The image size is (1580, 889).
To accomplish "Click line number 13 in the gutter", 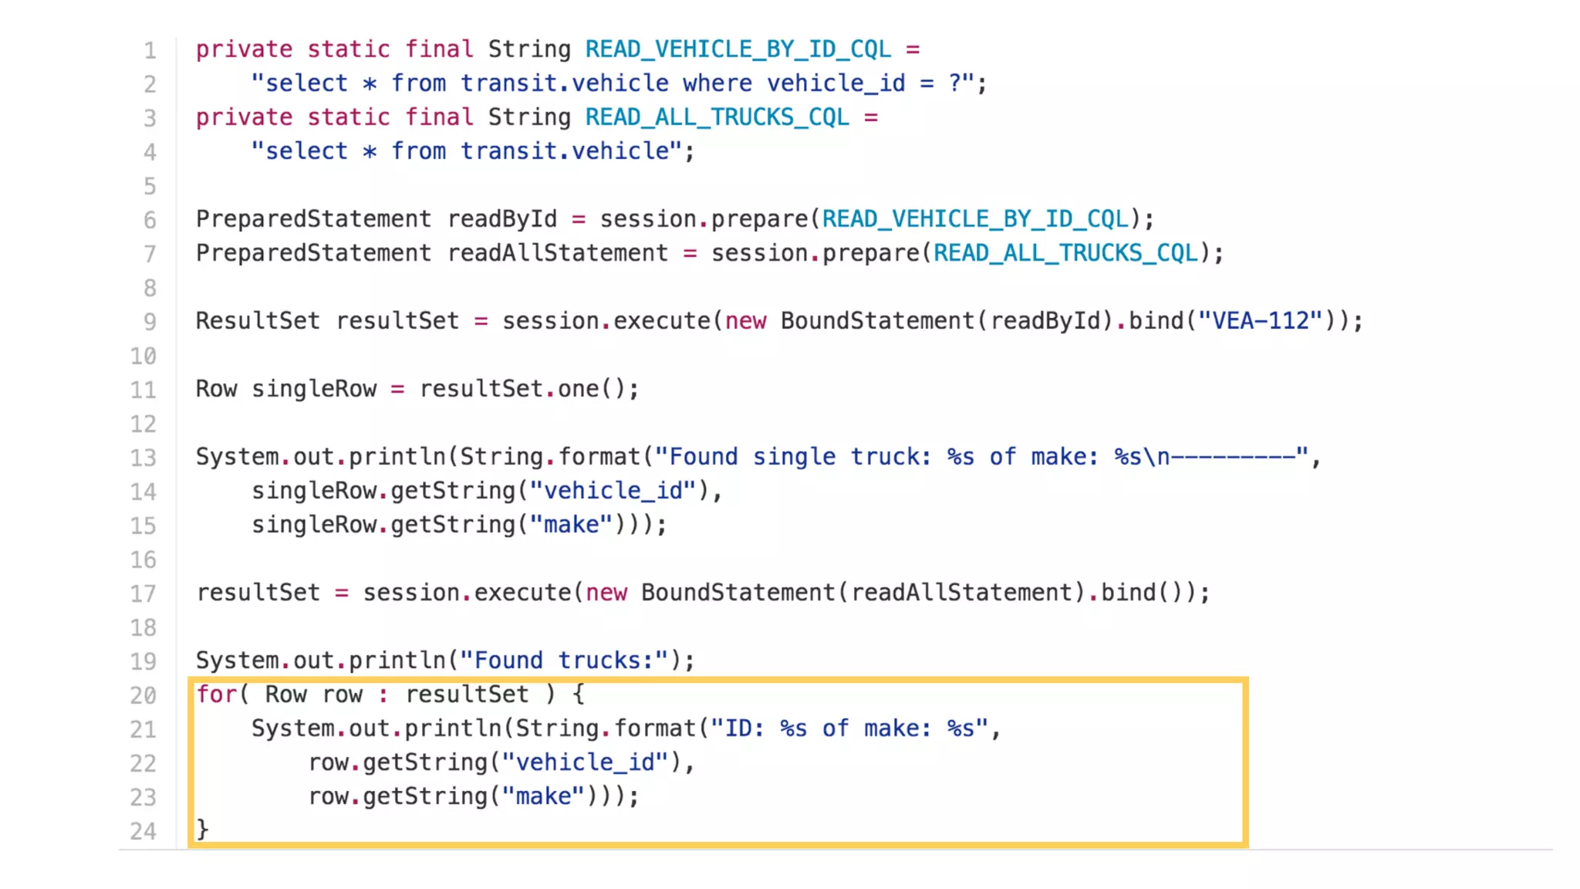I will click(143, 458).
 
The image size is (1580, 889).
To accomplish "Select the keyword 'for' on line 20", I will click(215, 694).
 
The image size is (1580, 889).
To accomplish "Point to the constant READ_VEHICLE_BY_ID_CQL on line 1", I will click(738, 49).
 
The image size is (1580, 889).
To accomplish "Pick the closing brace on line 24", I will click(202, 830).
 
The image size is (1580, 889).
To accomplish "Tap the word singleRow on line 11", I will click(314, 388).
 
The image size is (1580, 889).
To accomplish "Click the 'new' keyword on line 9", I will click(745, 320).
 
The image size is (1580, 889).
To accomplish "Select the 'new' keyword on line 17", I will click(606, 592).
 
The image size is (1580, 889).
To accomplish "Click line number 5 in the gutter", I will click(149, 186).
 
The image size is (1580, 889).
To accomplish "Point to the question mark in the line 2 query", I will click(955, 83).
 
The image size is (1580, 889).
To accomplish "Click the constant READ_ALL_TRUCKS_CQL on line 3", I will click(717, 117).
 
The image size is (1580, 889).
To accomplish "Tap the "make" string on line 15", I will click(571, 524).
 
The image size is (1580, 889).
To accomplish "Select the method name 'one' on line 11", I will click(578, 388).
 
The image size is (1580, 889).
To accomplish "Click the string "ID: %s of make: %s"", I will click(849, 728).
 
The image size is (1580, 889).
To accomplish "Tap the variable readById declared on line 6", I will click(501, 218).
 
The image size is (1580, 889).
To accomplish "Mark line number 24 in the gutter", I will click(143, 831).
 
